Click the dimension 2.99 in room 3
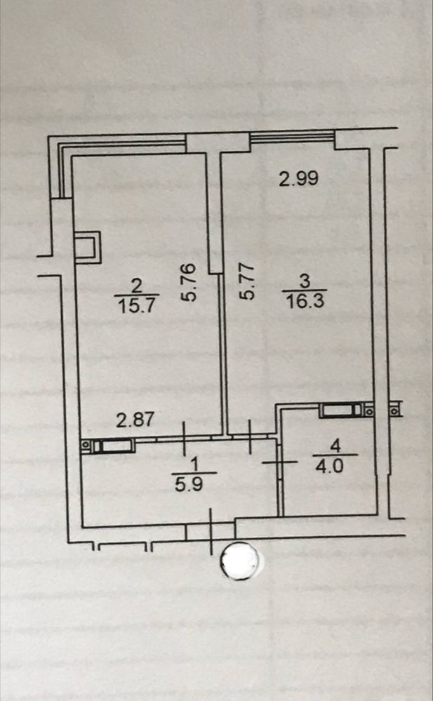(299, 178)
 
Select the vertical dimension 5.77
(247, 281)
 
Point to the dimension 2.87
(135, 420)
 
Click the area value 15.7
(136, 305)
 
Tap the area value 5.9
(189, 483)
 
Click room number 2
(136, 285)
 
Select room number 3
(305, 281)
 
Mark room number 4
(335, 446)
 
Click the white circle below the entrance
(240, 561)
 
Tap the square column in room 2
(87, 247)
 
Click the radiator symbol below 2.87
(107, 446)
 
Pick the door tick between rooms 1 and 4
(279, 462)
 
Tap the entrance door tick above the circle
(211, 531)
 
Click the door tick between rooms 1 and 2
(184, 439)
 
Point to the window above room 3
(293, 137)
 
